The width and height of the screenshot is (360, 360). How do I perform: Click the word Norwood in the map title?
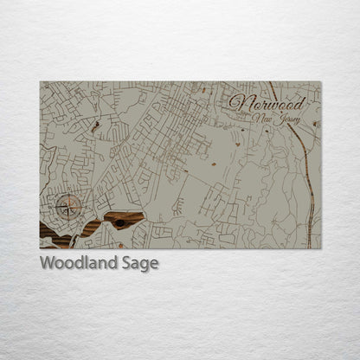(x=262, y=100)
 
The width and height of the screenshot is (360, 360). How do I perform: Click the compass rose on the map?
(x=69, y=205)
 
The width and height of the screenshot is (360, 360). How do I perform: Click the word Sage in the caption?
(x=141, y=263)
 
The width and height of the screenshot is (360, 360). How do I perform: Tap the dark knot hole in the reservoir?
(x=119, y=223)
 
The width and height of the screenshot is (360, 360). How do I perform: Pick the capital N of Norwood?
(x=236, y=100)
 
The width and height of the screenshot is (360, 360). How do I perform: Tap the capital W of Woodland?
(x=48, y=262)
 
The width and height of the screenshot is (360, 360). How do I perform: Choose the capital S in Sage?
(x=129, y=262)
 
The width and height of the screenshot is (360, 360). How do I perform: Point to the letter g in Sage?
(x=145, y=265)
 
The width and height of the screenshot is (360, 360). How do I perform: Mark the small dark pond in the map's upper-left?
(x=95, y=126)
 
